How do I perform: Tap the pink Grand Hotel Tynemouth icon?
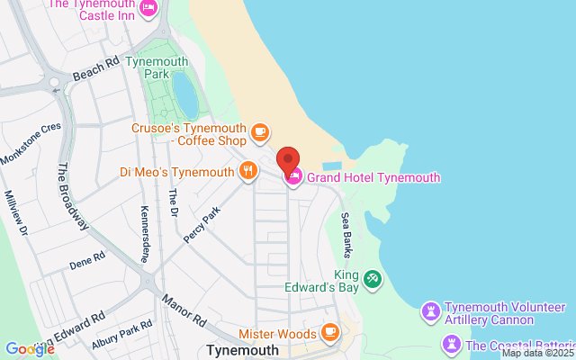(293, 178)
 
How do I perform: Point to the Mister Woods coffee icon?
(329, 332)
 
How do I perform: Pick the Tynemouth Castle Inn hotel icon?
(149, 8)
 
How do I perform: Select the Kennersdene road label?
(144, 232)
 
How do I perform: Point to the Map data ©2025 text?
(536, 354)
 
